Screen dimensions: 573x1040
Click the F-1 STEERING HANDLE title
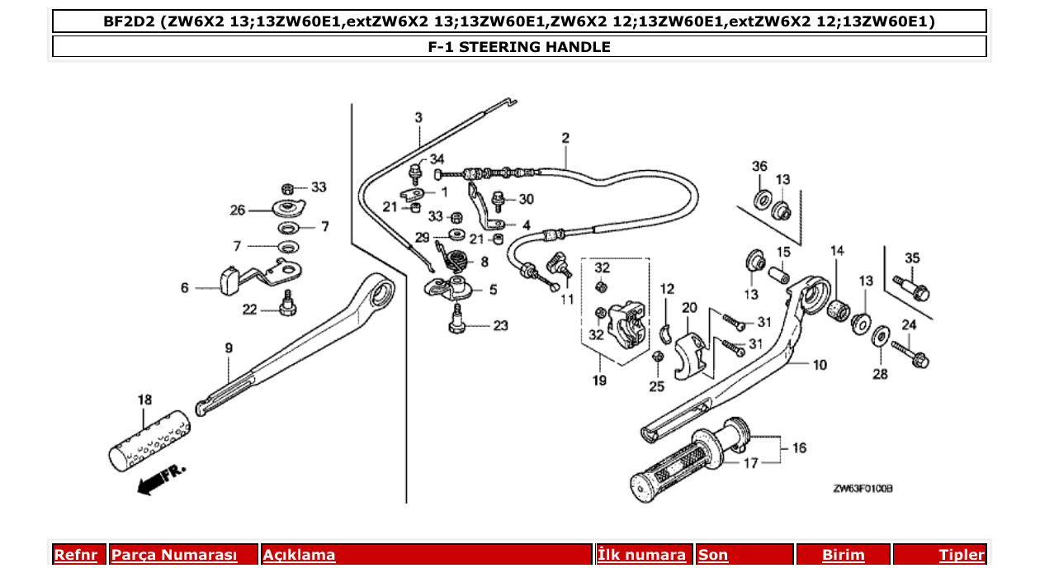518,47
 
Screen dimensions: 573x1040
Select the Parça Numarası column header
174,555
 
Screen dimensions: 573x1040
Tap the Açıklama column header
299,555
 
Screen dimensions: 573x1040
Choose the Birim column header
843,555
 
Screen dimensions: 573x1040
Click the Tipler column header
962,555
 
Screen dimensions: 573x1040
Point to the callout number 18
144,400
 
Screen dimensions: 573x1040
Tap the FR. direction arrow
162,479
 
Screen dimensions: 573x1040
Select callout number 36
759,166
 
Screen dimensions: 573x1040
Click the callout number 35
912,258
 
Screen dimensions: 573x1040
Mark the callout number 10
819,365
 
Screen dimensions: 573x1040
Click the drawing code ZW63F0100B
863,489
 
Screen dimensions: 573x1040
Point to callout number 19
599,381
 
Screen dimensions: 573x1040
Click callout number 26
238,211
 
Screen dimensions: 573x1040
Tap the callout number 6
185,288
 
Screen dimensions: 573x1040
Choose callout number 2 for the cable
565,137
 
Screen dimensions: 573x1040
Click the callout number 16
799,448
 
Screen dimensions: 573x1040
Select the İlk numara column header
641,555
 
